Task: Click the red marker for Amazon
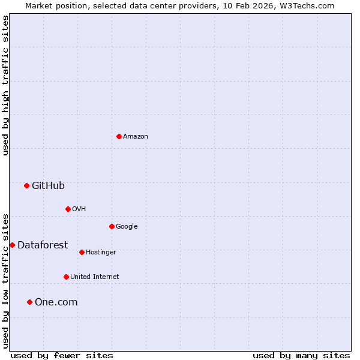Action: coord(119,136)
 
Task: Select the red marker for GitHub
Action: coord(26,185)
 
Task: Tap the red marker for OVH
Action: coord(68,209)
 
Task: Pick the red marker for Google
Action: coord(112,226)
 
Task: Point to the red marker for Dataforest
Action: coord(12,245)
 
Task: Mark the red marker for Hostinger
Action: coord(82,252)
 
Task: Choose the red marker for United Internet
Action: coord(66,277)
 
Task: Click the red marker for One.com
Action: coord(29,302)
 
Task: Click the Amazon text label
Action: coord(136,137)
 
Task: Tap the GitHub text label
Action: coord(48,186)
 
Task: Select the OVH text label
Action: coord(79,209)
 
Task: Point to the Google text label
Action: coord(127,227)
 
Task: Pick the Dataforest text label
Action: coord(43,245)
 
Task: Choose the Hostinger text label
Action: coord(101,253)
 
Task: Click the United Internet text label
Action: coord(94,277)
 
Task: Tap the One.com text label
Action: coord(56,302)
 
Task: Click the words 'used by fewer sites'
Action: coord(62,356)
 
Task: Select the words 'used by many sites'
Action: coord(301,356)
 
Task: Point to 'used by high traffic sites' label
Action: coord(6,85)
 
